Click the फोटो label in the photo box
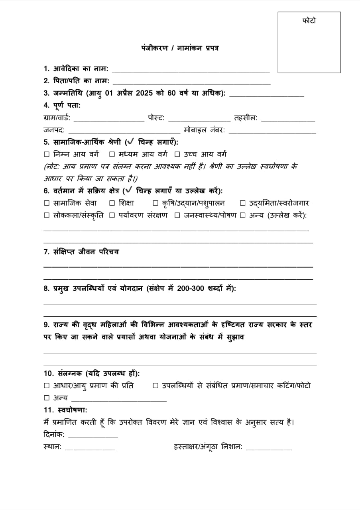point(309,21)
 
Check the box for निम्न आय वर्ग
point(47,154)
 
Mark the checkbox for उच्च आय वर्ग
point(177,154)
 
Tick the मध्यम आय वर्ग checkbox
point(112,154)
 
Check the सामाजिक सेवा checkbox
point(47,203)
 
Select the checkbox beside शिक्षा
point(112,203)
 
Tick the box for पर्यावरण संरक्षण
point(112,216)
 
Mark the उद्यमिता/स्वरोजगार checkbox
point(242,203)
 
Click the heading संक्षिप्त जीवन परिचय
point(81,252)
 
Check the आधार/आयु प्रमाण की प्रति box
point(47,386)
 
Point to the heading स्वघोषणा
point(65,410)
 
